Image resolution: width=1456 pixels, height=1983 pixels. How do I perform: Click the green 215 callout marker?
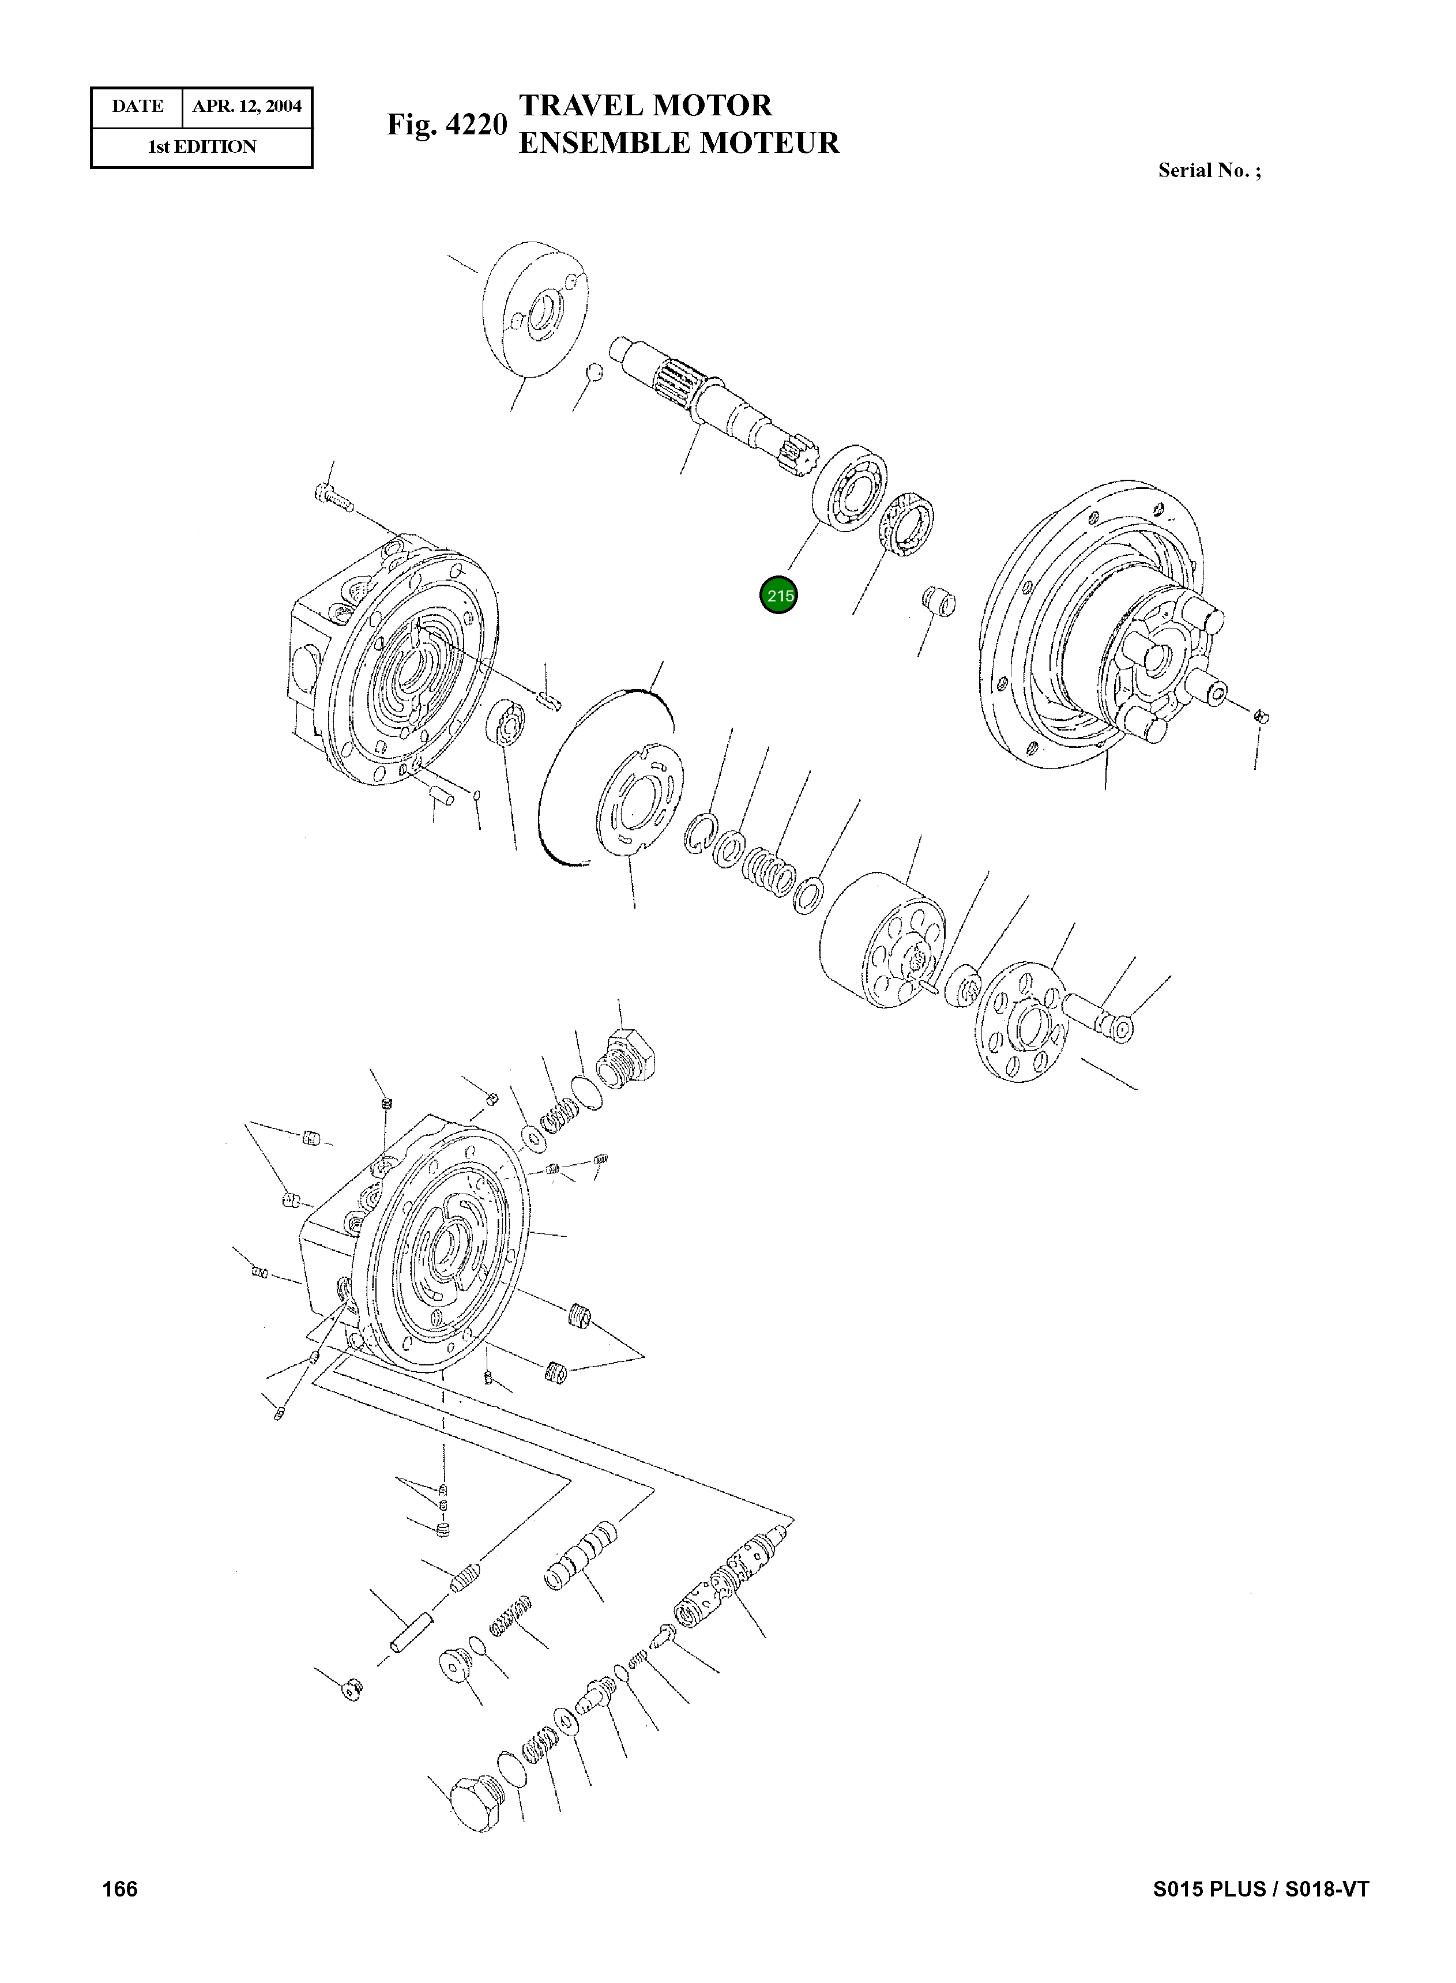[x=778, y=596]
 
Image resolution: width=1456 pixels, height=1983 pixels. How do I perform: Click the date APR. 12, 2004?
[x=247, y=107]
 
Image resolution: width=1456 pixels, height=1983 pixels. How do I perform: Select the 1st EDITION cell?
[x=202, y=147]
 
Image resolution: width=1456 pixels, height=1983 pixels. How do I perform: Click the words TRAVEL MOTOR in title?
[x=645, y=106]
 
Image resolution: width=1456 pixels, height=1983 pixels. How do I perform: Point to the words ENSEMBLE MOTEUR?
[x=679, y=143]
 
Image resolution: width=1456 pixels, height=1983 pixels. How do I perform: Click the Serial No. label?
[x=1209, y=171]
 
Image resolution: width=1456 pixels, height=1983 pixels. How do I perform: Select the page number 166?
[x=120, y=1888]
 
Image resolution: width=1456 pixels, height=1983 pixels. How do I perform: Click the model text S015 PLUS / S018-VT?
[x=1261, y=1888]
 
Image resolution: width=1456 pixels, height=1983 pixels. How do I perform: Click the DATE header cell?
[x=137, y=107]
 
